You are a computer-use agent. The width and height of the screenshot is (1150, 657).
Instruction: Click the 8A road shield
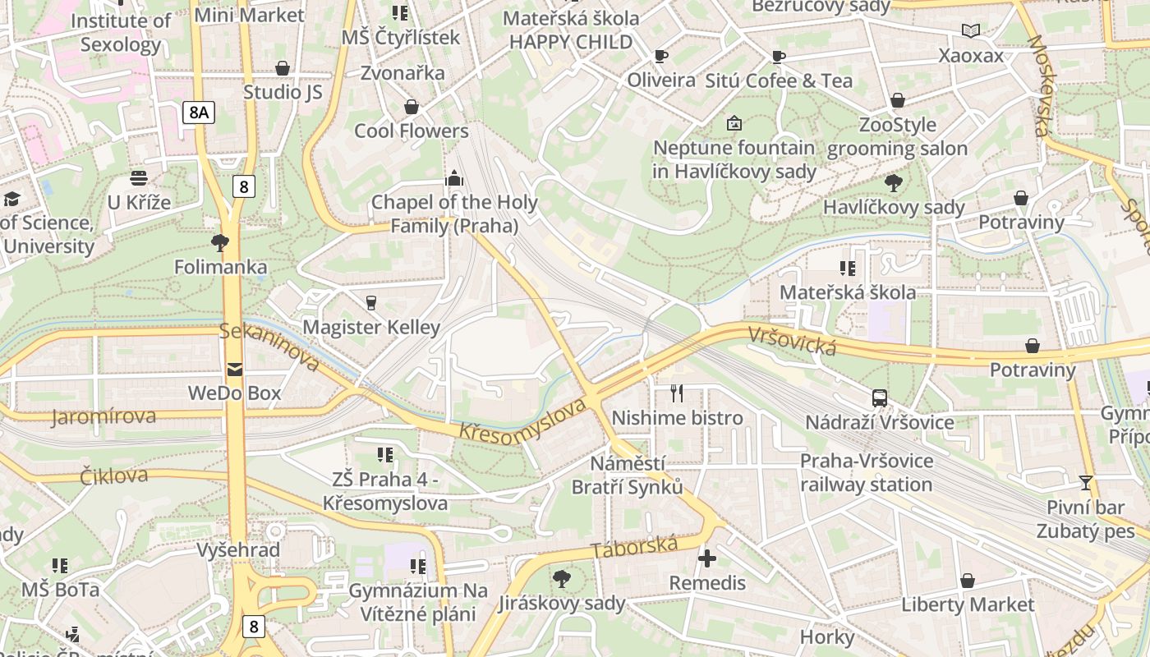[198, 113]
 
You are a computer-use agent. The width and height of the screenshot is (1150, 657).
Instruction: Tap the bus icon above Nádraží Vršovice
[880, 398]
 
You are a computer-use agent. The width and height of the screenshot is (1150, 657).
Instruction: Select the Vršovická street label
[791, 342]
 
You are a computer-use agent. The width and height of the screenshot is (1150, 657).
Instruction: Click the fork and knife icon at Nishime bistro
[677, 393]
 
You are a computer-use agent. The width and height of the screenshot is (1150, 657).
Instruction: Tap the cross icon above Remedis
[706, 559]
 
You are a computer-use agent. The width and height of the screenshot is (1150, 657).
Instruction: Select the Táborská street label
[634, 549]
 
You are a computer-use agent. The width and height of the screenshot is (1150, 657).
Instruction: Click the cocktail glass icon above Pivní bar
[1085, 483]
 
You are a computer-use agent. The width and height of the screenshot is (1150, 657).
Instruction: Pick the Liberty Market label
[968, 604]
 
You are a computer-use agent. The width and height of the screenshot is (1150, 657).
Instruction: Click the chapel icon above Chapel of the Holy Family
[453, 178]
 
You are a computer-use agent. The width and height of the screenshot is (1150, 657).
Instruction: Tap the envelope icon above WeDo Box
[235, 370]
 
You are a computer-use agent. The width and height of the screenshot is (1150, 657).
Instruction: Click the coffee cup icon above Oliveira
[660, 57]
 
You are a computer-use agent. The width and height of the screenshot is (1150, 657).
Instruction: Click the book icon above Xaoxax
[971, 31]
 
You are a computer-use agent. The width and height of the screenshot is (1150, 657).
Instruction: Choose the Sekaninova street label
[269, 346]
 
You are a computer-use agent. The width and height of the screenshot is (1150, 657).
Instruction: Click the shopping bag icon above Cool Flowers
[411, 108]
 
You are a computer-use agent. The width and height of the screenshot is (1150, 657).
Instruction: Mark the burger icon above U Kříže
[138, 178]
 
